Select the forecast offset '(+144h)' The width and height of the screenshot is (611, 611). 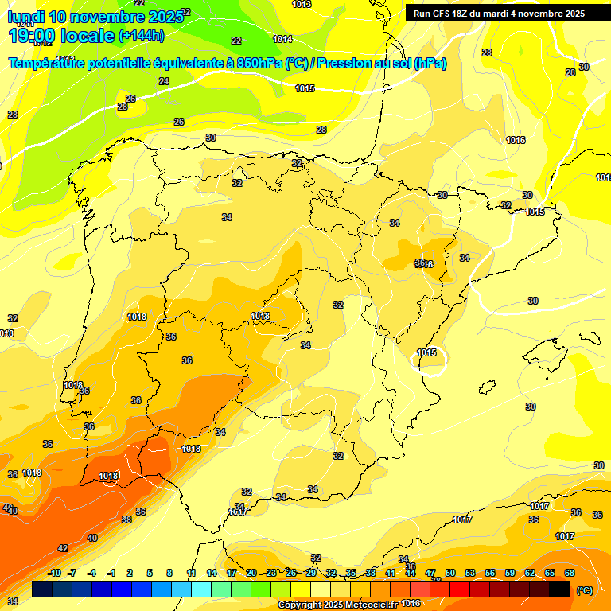[142, 36]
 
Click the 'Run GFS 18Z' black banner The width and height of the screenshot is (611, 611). [499, 14]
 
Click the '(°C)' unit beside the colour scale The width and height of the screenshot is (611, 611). [584, 590]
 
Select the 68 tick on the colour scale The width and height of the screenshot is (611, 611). [570, 573]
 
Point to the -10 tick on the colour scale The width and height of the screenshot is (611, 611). [54, 573]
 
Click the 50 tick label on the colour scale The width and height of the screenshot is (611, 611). [450, 573]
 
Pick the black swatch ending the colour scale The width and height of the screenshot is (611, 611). [559, 589]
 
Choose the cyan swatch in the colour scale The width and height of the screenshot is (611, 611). [201, 589]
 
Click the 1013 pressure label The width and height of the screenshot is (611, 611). [302, 5]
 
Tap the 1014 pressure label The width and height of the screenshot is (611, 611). [282, 39]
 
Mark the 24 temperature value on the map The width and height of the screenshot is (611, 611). [164, 81]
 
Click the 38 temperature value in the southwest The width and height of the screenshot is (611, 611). [126, 520]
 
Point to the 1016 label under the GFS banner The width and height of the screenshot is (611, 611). [516, 140]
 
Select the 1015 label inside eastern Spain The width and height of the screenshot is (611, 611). [427, 352]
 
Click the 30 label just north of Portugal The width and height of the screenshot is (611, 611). [211, 138]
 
